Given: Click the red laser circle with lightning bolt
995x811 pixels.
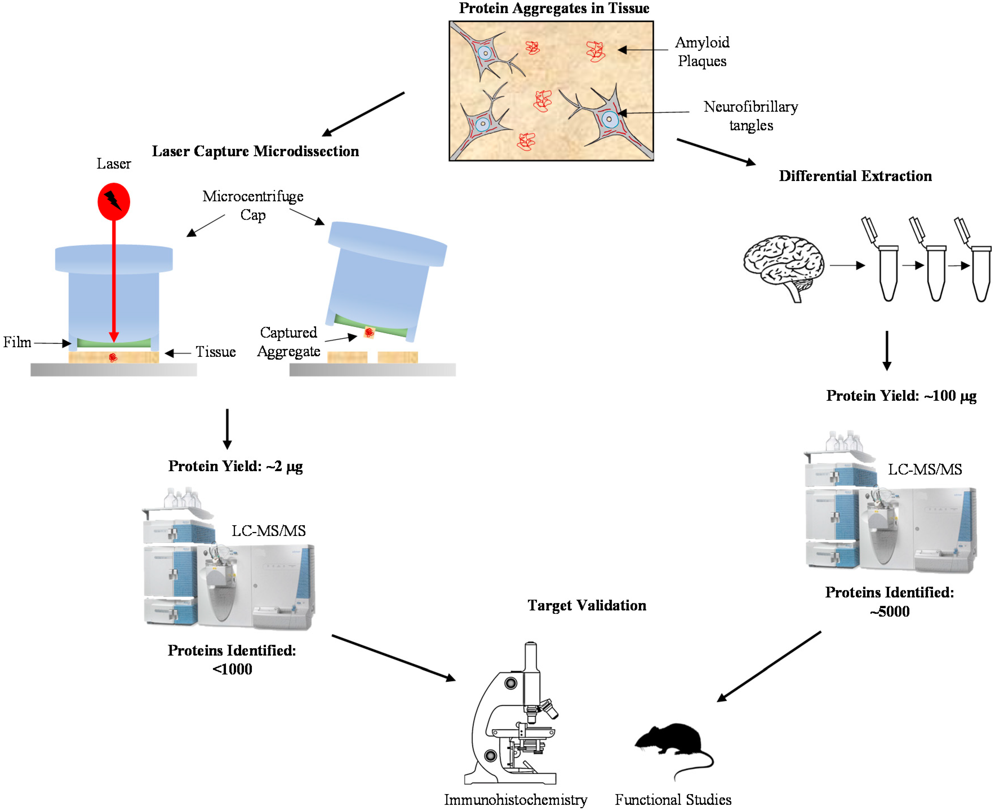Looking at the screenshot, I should [113, 201].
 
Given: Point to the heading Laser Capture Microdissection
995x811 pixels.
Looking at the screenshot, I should [255, 151].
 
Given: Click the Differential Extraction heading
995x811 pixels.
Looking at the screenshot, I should [855, 176].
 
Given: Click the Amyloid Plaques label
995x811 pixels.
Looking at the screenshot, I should [702, 51].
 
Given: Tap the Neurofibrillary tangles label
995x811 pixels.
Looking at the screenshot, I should [751, 116].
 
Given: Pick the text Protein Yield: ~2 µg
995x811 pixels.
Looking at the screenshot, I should [235, 466].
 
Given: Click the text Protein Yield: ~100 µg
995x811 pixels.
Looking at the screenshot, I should [901, 396].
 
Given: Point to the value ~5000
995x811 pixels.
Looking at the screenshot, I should [889, 611].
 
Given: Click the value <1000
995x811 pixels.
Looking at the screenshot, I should [232, 670].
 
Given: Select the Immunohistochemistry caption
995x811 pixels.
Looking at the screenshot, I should [515, 800].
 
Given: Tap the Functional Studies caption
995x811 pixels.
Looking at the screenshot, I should [673, 800].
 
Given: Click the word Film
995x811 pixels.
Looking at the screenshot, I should [17, 342].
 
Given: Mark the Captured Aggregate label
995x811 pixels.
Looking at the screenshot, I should [289, 342].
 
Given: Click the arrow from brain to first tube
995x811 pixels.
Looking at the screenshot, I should [847, 265].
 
